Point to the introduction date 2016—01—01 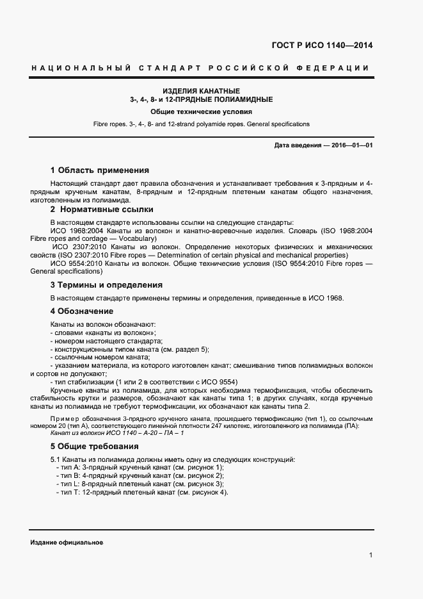coord(324,145)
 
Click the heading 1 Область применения coord(99,170)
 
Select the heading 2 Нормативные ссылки coord(102,209)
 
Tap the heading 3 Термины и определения coord(106,284)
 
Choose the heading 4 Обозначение coord(81,311)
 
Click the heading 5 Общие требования coord(94,446)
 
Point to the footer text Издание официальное coord(67,542)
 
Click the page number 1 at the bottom coord(371,555)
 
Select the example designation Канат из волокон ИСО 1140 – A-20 coord(117,433)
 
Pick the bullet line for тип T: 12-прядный coord(142,492)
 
